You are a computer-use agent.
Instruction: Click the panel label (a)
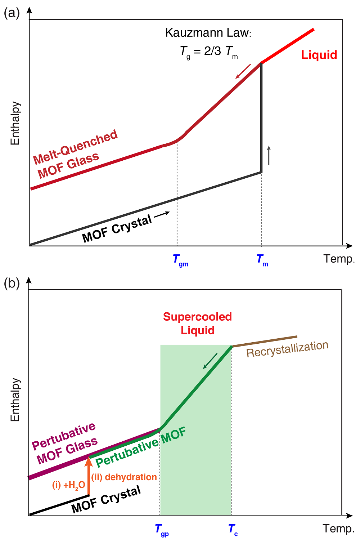(11, 13)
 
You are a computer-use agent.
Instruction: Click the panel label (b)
(11, 283)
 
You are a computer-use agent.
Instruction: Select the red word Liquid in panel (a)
(319, 55)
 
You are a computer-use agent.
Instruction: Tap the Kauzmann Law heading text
(208, 33)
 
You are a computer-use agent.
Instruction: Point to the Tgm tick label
(180, 260)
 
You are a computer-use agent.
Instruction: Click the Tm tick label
(262, 260)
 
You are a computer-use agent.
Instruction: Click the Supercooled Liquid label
(197, 324)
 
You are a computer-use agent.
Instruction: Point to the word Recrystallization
(287, 349)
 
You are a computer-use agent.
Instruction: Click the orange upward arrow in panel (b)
(89, 476)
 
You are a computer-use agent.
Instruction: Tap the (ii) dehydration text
(124, 477)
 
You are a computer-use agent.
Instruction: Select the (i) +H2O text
(69, 486)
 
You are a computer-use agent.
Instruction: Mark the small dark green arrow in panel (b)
(210, 361)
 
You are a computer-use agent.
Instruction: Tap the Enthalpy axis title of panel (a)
(15, 123)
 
